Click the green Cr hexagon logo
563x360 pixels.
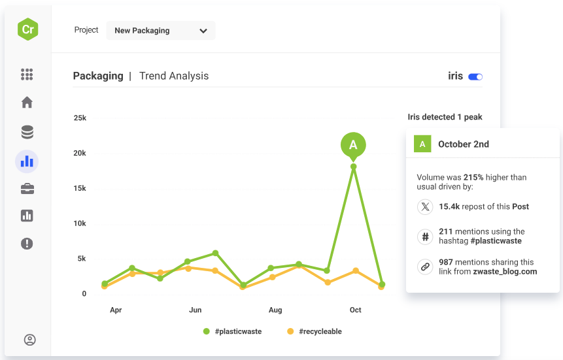click(27, 29)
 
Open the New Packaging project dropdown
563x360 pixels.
click(161, 31)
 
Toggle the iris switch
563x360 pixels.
click(475, 76)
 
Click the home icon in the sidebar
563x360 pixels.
click(27, 103)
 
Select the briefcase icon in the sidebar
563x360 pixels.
click(27, 189)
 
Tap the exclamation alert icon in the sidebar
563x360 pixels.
click(27, 244)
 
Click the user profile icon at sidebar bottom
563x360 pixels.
click(29, 340)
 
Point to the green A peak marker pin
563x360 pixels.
click(353, 144)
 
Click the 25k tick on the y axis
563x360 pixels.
click(80, 118)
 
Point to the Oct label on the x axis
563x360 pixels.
click(355, 310)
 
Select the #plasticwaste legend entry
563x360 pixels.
click(232, 331)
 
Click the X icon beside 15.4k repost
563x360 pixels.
click(426, 207)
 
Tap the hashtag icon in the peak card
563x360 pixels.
click(426, 236)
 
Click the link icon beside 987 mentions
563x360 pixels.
click(426, 267)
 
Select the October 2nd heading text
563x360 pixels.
click(463, 144)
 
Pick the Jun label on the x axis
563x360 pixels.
click(195, 310)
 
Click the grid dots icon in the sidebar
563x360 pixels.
click(27, 74)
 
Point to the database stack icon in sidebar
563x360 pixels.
click(27, 133)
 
